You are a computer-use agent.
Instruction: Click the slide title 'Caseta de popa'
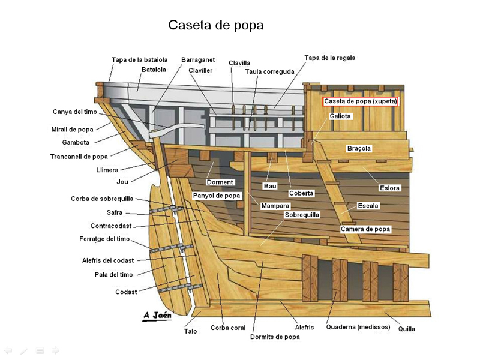click(216, 25)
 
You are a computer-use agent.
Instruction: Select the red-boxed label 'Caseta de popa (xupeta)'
click(361, 101)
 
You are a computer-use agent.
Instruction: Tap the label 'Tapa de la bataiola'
click(139, 59)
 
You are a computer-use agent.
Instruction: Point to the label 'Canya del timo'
click(74, 112)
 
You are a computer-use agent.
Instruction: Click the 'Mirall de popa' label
click(72, 130)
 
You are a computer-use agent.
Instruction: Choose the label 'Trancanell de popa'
click(79, 157)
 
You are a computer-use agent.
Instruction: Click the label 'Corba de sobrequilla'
click(102, 199)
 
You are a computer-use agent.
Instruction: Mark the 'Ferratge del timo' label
click(104, 239)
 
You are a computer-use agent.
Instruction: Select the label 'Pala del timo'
click(113, 275)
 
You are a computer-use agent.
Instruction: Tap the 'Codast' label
click(126, 292)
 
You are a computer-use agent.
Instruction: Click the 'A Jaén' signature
click(157, 316)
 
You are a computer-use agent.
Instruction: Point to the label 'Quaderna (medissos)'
click(358, 327)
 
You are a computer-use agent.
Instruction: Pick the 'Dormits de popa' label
click(275, 337)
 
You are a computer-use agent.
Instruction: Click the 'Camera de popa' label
click(365, 229)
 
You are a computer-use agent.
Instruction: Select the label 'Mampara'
click(275, 206)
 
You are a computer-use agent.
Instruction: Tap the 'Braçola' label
click(359, 148)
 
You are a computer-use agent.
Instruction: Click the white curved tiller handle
click(177, 128)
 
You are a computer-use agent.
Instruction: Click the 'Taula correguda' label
click(269, 71)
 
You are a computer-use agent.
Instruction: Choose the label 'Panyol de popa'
click(217, 196)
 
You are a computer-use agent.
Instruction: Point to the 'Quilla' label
click(407, 329)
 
